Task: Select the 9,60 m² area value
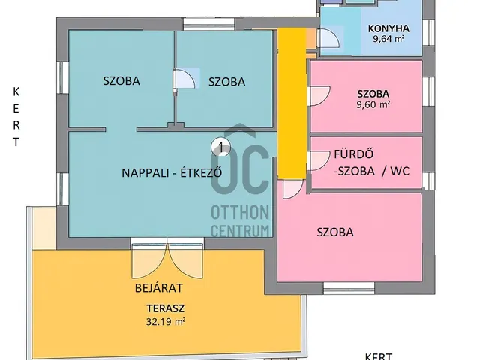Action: pyautogui.click(x=373, y=105)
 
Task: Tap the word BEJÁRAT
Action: pyautogui.click(x=159, y=287)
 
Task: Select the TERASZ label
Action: pyautogui.click(x=166, y=307)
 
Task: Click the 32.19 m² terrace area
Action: pyautogui.click(x=166, y=320)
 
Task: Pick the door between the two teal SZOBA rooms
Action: pyautogui.click(x=182, y=79)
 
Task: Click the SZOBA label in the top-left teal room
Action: pyautogui.click(x=121, y=81)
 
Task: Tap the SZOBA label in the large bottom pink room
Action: pyautogui.click(x=334, y=232)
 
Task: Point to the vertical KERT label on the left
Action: pyautogui.click(x=16, y=116)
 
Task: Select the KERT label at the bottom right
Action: pyautogui.click(x=378, y=355)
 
